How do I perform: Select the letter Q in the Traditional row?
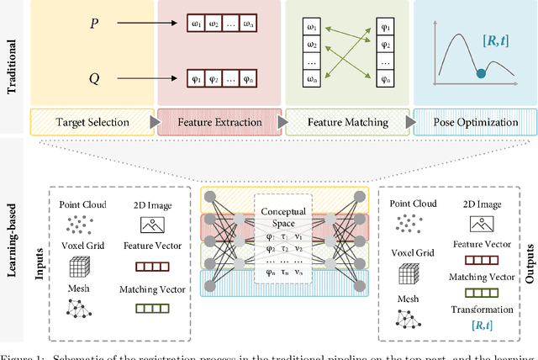point(93,80)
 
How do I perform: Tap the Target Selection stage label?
point(92,122)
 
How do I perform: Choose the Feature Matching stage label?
point(347,122)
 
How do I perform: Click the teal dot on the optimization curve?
point(480,74)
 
